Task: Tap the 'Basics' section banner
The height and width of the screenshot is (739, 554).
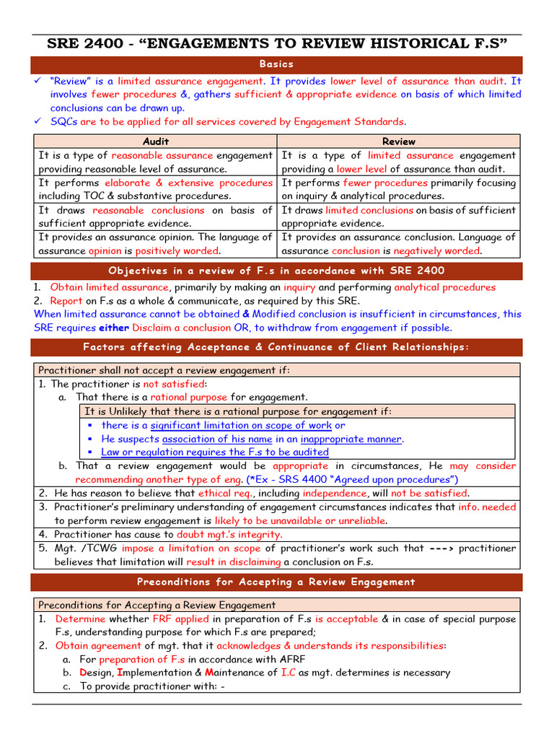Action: pyautogui.click(x=276, y=64)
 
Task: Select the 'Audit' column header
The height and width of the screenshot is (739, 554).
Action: pyautogui.click(x=155, y=141)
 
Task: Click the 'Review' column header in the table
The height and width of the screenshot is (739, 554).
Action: pyautogui.click(x=398, y=141)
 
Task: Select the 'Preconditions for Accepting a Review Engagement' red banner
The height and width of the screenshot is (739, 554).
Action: pyautogui.click(x=276, y=582)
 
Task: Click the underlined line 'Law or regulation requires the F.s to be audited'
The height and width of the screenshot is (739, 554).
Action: pyautogui.click(x=215, y=452)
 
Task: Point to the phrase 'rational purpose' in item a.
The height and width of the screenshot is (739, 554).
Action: pyautogui.click(x=188, y=398)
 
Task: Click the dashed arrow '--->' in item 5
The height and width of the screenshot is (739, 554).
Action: pyautogui.click(x=442, y=548)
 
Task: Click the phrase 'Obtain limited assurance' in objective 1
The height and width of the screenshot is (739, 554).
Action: pyautogui.click(x=108, y=287)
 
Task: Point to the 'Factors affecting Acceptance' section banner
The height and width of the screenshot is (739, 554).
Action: pyautogui.click(x=276, y=347)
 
